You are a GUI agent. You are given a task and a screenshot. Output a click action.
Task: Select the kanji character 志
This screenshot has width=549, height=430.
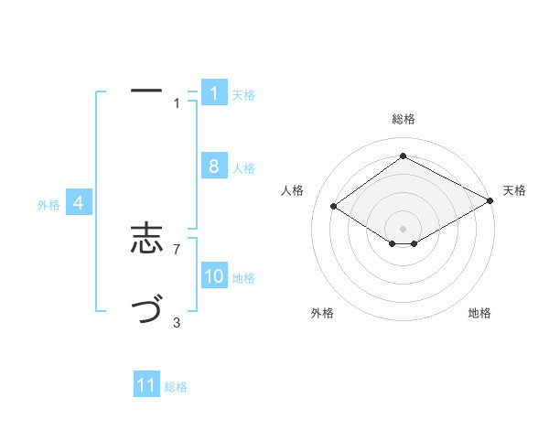coord(146,241)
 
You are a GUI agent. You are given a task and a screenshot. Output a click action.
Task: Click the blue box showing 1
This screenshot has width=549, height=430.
coord(214,93)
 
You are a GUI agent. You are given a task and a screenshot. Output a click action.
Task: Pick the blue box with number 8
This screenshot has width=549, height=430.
coord(214,167)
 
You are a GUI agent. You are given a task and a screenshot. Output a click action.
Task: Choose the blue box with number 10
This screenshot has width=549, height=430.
coord(214,276)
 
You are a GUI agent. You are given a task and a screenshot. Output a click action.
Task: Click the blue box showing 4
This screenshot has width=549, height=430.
coord(79,203)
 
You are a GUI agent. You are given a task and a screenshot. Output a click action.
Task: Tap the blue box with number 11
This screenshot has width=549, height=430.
coord(146,385)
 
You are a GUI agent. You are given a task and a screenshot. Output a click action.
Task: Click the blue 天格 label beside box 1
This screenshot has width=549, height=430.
coord(243,95)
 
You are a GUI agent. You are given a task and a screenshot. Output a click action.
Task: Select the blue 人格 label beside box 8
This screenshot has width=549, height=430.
coord(243,168)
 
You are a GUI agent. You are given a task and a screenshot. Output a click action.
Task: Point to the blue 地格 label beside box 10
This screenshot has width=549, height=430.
coord(243,278)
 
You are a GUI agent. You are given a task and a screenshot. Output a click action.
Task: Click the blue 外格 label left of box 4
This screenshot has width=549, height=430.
coord(48,205)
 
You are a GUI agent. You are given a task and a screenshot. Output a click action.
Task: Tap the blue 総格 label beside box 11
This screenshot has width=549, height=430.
coord(176,387)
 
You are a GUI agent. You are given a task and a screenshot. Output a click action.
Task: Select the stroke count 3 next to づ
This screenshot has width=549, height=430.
coord(177,322)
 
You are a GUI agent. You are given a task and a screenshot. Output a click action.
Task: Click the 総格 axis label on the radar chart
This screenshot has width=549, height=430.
coord(403,119)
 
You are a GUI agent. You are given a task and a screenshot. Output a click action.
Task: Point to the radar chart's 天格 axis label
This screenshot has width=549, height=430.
coord(514,190)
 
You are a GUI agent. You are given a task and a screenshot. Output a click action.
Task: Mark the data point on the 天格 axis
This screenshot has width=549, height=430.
coord(490,202)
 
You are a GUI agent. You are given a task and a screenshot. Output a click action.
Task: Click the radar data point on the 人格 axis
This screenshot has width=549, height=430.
coord(334,207)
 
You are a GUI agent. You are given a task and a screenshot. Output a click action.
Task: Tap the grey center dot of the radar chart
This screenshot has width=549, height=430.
coord(403,228)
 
